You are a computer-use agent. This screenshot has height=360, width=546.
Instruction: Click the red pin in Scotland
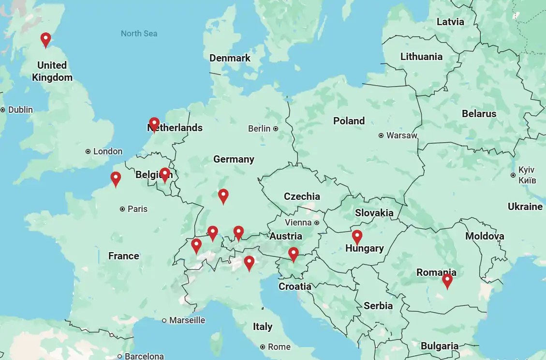tap(45, 39)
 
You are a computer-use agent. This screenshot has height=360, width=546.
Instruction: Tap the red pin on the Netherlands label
tap(154, 124)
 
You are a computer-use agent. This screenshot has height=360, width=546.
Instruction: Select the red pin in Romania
tap(447, 280)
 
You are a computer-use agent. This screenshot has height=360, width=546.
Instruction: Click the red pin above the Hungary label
tap(357, 237)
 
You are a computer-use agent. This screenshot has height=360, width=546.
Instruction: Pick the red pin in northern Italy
tap(249, 262)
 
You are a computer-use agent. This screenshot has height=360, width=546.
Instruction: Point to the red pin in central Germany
tap(223, 195)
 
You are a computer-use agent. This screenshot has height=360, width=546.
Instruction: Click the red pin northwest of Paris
tap(116, 179)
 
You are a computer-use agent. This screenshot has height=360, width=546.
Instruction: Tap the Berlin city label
tap(259, 129)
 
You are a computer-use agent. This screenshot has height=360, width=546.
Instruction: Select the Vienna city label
tap(298, 223)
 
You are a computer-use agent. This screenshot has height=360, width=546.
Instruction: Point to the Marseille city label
tap(187, 320)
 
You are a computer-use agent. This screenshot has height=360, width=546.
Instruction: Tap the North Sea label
tap(139, 33)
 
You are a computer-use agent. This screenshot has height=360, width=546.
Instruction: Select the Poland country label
tap(349, 120)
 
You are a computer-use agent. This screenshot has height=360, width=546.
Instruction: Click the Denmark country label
tap(230, 58)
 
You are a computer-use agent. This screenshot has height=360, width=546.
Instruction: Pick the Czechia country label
tap(302, 196)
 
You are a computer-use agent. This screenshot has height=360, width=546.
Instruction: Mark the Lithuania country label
tap(421, 57)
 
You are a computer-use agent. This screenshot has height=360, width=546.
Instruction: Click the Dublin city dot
tap(3, 110)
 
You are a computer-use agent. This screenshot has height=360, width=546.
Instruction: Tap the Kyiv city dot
tap(513, 175)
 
